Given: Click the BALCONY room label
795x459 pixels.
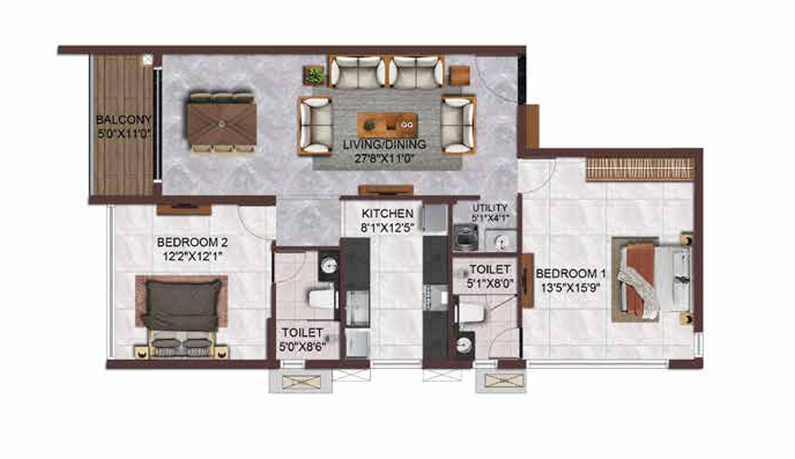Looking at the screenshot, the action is pyautogui.click(x=124, y=121).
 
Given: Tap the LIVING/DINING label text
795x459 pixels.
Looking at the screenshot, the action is pyautogui.click(x=384, y=145).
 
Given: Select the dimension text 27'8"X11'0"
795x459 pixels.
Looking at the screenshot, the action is pyautogui.click(x=384, y=158).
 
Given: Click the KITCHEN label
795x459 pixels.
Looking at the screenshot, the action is pyautogui.click(x=387, y=214).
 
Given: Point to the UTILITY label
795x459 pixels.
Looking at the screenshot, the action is pyautogui.click(x=490, y=208).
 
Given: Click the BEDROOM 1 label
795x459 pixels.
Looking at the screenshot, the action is pyautogui.click(x=571, y=274).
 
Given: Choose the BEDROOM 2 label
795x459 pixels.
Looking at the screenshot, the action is pyautogui.click(x=192, y=243).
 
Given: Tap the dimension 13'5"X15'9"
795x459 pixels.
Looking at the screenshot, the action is pyautogui.click(x=571, y=288).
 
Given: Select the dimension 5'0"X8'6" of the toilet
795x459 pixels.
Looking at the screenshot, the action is pyautogui.click(x=302, y=347).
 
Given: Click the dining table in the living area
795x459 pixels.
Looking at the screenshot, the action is pyautogui.click(x=222, y=123).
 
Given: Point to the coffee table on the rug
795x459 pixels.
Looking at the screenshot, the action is pyautogui.click(x=387, y=125).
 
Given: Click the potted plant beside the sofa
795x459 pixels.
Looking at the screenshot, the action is pyautogui.click(x=314, y=76).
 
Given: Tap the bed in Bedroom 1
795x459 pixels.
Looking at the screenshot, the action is pyautogui.click(x=653, y=280).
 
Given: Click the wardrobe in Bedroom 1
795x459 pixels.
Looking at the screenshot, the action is pyautogui.click(x=640, y=169).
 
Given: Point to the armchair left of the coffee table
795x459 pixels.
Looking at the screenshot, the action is pyautogui.click(x=315, y=125).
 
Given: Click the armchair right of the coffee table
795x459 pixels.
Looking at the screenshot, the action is pyautogui.click(x=458, y=125).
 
